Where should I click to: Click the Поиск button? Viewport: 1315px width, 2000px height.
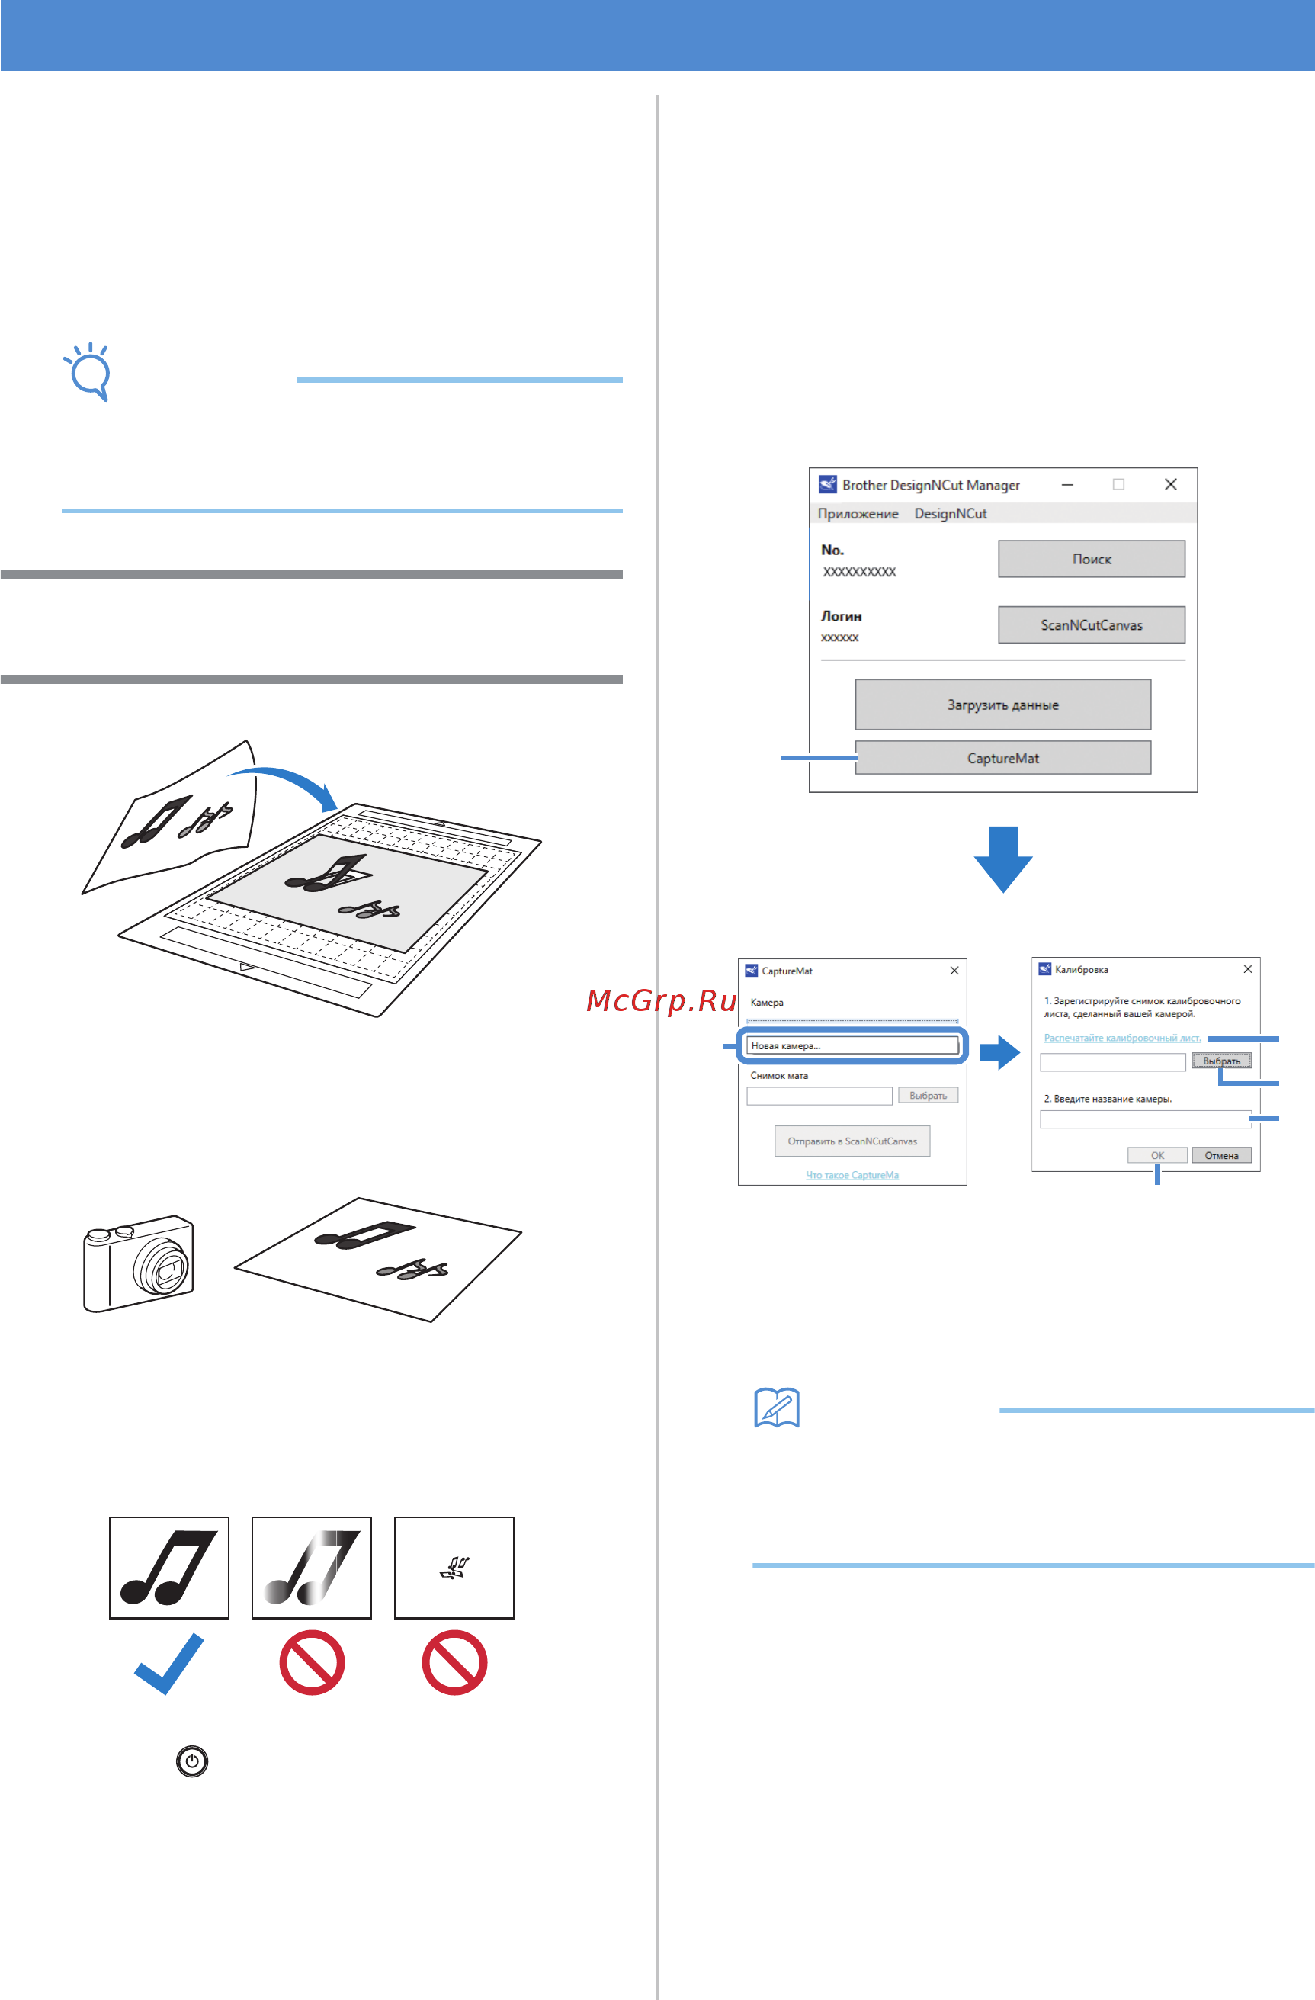(x=1092, y=559)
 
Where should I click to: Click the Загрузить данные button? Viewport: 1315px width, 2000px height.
(x=1002, y=705)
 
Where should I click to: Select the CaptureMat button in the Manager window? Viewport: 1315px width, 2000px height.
(x=1002, y=758)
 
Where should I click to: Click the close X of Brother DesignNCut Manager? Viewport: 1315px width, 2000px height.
(x=1170, y=484)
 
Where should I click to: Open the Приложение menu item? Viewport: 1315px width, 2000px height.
(x=858, y=513)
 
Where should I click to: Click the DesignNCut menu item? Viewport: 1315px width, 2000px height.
(x=951, y=513)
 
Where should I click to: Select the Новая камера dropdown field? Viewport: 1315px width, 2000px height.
(x=852, y=1045)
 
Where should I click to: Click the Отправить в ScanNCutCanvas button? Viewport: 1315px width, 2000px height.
(x=852, y=1141)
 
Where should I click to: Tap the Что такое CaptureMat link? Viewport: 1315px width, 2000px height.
(x=852, y=1175)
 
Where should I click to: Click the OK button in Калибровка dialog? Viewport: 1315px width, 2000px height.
(x=1157, y=1155)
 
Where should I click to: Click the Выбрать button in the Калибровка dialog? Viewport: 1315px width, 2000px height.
(x=1221, y=1061)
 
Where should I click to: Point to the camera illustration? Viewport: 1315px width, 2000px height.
(x=139, y=1262)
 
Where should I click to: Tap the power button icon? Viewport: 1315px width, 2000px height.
(x=192, y=1761)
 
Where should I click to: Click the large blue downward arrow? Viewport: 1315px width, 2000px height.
(x=1002, y=859)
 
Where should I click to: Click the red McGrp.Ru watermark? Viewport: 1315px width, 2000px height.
(x=661, y=1000)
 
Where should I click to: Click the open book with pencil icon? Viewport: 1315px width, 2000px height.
(x=776, y=1408)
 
